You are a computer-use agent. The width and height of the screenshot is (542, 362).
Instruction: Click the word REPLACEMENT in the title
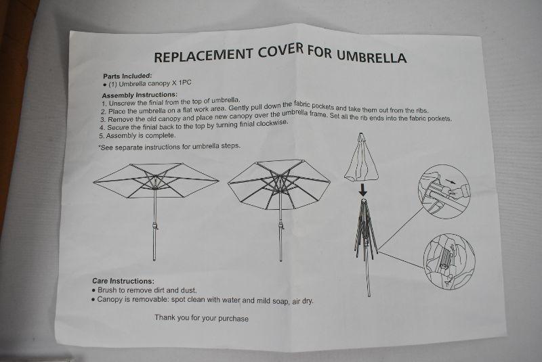[203, 55]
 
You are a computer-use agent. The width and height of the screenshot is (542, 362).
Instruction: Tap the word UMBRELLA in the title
[371, 57]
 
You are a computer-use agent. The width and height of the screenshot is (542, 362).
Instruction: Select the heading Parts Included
[127, 76]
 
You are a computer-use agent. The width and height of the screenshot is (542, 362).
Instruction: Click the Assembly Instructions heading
[140, 95]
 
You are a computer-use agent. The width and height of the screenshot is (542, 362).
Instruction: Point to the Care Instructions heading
[123, 281]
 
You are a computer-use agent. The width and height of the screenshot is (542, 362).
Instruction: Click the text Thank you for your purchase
[201, 318]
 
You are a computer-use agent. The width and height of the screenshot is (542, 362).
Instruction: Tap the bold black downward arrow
[362, 190]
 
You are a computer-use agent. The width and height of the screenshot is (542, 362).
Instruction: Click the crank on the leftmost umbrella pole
[155, 226]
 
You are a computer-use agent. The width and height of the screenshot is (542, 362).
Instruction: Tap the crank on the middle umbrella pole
[281, 226]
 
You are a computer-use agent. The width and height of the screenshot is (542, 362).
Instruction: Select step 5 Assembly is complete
[138, 135]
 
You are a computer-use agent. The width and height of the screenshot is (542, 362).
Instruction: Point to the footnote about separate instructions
[169, 147]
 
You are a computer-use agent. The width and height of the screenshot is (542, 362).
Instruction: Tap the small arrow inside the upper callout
[450, 181]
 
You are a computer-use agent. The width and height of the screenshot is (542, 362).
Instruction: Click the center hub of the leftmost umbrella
[155, 180]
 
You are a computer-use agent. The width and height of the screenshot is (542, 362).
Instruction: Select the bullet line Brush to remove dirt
[144, 290]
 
